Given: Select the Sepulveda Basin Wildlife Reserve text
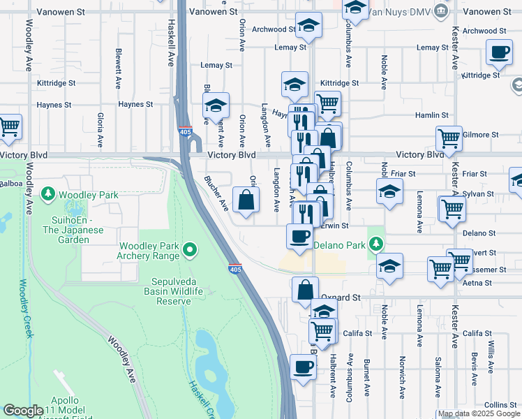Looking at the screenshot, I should [157, 291].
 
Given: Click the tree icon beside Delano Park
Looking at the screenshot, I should [376, 244].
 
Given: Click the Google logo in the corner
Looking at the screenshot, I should [23, 411].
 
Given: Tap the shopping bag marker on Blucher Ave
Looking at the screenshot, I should [246, 201].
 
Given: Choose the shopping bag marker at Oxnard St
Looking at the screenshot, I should [306, 290].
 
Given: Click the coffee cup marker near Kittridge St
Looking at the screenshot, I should [500, 52].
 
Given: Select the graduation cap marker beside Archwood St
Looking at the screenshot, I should [308, 25].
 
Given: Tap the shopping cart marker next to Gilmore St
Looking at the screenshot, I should [449, 138].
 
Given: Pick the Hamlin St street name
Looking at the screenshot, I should [431, 115].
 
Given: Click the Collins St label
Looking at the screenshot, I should [500, 405].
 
